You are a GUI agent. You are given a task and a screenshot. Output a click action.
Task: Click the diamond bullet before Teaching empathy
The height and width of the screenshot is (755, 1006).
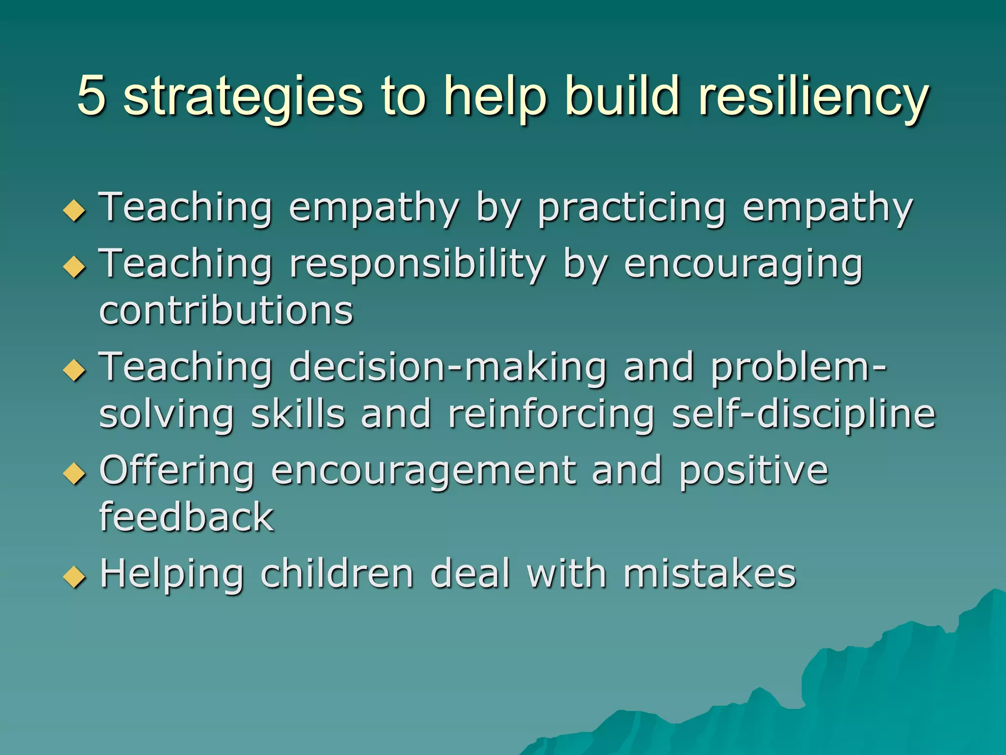[x=75, y=210]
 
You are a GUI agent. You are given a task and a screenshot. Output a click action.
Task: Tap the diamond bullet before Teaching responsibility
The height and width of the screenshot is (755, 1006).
[x=75, y=267]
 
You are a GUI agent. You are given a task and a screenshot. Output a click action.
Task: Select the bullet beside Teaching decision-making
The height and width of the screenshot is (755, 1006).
[x=75, y=370]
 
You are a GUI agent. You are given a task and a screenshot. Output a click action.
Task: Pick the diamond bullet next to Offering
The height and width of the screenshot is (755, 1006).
[x=75, y=473]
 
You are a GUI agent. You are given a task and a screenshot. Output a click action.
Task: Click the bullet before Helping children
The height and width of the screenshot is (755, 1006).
[x=75, y=577]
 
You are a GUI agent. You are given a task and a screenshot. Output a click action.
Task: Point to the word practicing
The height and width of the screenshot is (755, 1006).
[x=631, y=209]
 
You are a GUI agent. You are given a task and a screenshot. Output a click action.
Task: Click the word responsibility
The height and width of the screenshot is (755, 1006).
[x=417, y=264]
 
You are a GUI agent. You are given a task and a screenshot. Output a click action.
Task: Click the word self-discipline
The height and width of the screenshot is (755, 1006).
[x=803, y=414]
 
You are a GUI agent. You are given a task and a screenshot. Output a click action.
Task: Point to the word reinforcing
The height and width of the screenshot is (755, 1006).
[x=551, y=414]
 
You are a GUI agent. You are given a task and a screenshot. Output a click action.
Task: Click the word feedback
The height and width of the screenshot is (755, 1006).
[x=186, y=517]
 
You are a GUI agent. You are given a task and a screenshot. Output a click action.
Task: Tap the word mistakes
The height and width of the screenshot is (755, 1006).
[x=709, y=574]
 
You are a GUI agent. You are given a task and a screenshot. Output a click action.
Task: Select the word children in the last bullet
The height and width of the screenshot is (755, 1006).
[x=337, y=574]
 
